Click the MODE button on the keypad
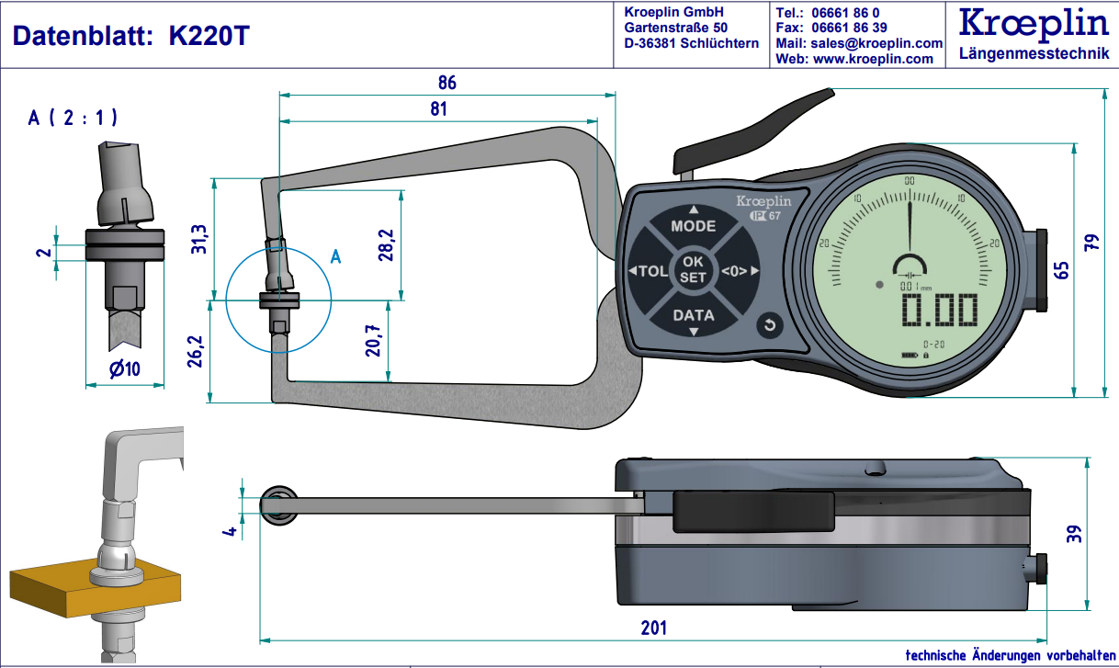(693, 225)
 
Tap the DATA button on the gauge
(694, 315)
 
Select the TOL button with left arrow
(649, 271)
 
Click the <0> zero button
(739, 271)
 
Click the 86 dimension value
(446, 82)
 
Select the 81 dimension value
(438, 108)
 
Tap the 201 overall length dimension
(653, 628)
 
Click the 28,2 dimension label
(386, 244)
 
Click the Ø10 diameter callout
(123, 370)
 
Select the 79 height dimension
(1091, 243)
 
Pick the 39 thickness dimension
(1072, 534)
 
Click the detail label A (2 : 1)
(73, 118)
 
